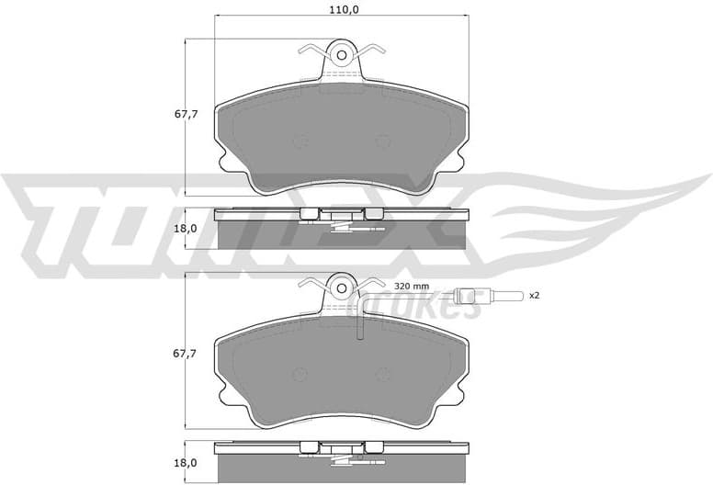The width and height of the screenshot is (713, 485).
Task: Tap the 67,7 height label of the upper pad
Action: pos(187,115)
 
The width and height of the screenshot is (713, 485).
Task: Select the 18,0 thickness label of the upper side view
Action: pos(187,229)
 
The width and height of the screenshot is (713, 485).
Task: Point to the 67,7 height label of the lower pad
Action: pos(187,354)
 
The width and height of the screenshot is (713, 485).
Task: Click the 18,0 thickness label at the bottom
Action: pos(187,464)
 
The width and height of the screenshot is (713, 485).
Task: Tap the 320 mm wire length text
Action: pos(412,286)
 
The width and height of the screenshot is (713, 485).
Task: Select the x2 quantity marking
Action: pos(532,295)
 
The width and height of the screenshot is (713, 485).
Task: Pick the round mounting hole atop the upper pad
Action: pos(340,52)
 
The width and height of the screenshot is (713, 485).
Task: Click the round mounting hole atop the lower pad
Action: pos(340,287)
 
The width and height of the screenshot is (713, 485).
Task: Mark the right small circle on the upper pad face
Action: pos(382,141)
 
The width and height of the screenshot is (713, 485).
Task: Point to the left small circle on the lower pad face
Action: pos(298,375)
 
